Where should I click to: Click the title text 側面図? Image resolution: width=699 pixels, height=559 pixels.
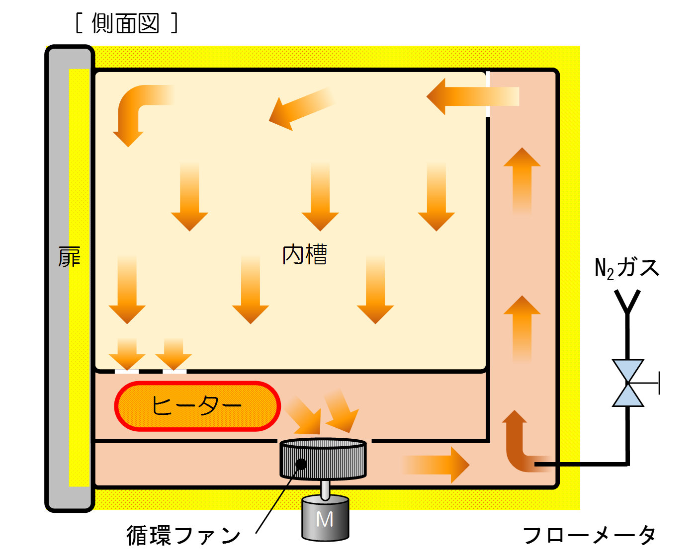pyautogui.click(x=126, y=23)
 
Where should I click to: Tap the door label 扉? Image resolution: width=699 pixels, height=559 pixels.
pyautogui.click(x=69, y=257)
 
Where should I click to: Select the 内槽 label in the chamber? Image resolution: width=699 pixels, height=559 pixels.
pyautogui.click(x=304, y=254)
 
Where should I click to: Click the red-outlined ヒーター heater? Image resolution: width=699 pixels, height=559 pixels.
pyautogui.click(x=197, y=406)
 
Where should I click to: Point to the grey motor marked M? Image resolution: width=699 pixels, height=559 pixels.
pyautogui.click(x=325, y=518)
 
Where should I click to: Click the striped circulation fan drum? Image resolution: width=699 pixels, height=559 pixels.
pyautogui.click(x=323, y=459)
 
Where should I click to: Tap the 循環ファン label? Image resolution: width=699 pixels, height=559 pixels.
pyautogui.click(x=183, y=535)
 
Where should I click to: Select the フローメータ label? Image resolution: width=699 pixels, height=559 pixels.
pyautogui.click(x=589, y=535)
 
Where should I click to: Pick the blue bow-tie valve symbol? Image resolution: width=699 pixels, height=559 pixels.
pyautogui.click(x=628, y=383)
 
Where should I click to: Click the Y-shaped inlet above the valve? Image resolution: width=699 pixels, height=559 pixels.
pyautogui.click(x=627, y=302)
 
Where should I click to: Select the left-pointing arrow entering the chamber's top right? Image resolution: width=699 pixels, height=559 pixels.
pyautogui.click(x=473, y=96)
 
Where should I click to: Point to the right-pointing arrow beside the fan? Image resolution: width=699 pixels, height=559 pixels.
pyautogui.click(x=436, y=465)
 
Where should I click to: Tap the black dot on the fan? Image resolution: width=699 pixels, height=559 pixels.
pyautogui.click(x=301, y=464)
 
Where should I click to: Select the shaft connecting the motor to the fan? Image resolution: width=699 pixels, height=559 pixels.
pyautogui.click(x=325, y=489)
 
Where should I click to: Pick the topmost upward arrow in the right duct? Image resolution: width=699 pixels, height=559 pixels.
pyautogui.click(x=522, y=180)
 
